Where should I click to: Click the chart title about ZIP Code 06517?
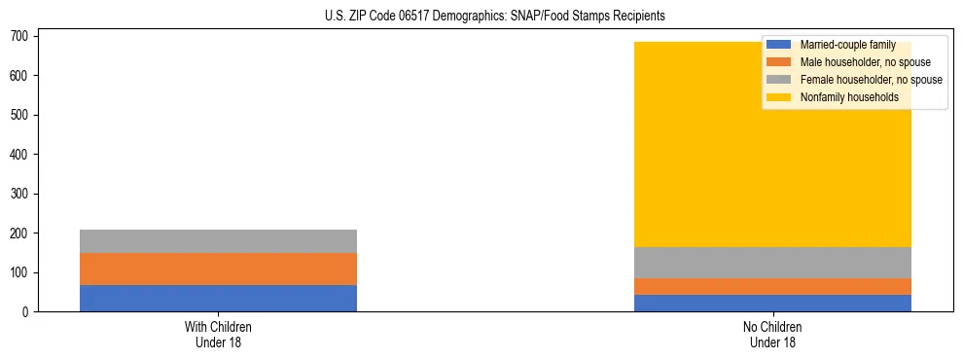495,17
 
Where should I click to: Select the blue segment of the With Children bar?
218,298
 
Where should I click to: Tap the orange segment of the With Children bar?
218,269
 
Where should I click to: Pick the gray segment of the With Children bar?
218,241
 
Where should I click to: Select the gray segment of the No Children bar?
772,263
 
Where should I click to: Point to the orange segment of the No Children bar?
772,286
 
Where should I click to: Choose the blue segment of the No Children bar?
772,303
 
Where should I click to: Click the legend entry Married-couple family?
847,45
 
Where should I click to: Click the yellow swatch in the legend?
779,97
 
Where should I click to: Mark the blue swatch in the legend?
779,45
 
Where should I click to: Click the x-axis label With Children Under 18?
218,334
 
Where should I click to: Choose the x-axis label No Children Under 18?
772,334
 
